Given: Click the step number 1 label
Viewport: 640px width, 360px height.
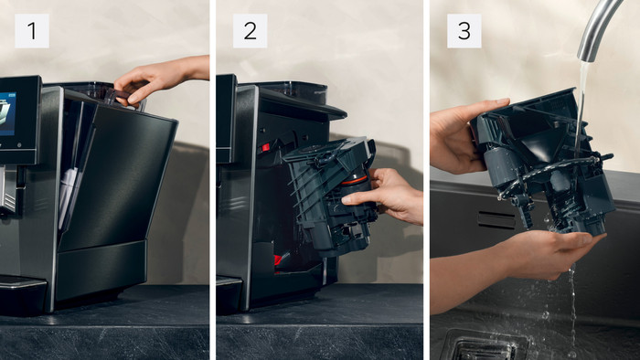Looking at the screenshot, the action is (x=32, y=31).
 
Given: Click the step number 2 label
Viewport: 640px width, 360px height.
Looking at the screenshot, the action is (x=250, y=31).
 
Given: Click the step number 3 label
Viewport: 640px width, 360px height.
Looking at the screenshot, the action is (x=464, y=31).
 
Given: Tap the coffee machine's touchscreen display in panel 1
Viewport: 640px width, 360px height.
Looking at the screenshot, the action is (x=7, y=113).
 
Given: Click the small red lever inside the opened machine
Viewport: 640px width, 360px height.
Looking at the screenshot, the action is (x=264, y=148).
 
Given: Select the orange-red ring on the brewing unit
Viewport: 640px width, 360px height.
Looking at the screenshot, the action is (x=354, y=180).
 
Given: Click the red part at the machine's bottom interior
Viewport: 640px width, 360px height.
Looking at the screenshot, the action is (x=278, y=259).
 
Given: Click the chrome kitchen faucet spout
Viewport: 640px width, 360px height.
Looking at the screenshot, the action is (x=597, y=28).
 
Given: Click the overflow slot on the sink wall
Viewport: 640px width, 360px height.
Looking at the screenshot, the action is (x=496, y=220).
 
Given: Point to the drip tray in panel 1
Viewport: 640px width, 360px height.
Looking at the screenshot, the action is (x=21, y=293).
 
